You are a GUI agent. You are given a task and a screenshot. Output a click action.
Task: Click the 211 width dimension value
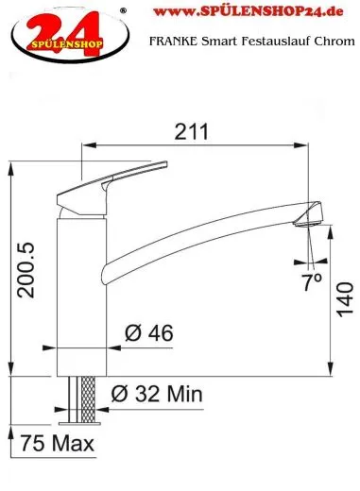pos(192,131)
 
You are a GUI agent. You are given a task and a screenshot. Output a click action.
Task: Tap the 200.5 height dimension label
pos(26,270)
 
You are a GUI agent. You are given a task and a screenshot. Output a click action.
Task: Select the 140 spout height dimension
pos(345,299)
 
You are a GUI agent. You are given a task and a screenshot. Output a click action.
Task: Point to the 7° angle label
pos(312,281)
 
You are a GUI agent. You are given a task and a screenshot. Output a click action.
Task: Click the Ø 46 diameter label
pos(149,333)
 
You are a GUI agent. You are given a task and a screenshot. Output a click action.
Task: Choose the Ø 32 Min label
pos(157,394)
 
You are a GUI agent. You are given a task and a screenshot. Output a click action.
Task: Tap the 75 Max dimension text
pos(58,443)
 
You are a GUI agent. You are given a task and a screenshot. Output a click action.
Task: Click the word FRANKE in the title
pos(174,41)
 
